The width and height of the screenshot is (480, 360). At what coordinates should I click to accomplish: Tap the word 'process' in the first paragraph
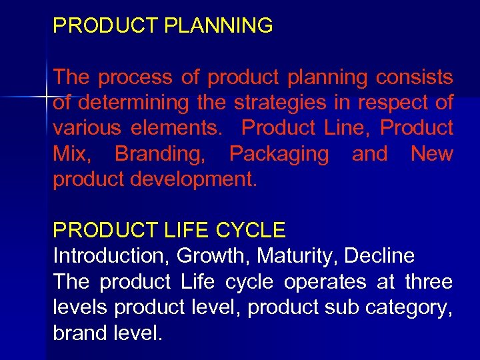coord(135,78)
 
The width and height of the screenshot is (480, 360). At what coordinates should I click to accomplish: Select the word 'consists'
coord(414,78)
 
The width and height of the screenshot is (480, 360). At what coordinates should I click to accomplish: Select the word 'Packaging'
coord(279,154)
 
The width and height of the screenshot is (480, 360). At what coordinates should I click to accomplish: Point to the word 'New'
coord(431,154)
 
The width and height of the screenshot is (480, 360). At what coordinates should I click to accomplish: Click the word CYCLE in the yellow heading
coord(250,231)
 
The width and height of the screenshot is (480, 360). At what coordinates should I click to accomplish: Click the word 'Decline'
coord(382,256)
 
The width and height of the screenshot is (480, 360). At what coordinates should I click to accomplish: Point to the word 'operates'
coord(325,282)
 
